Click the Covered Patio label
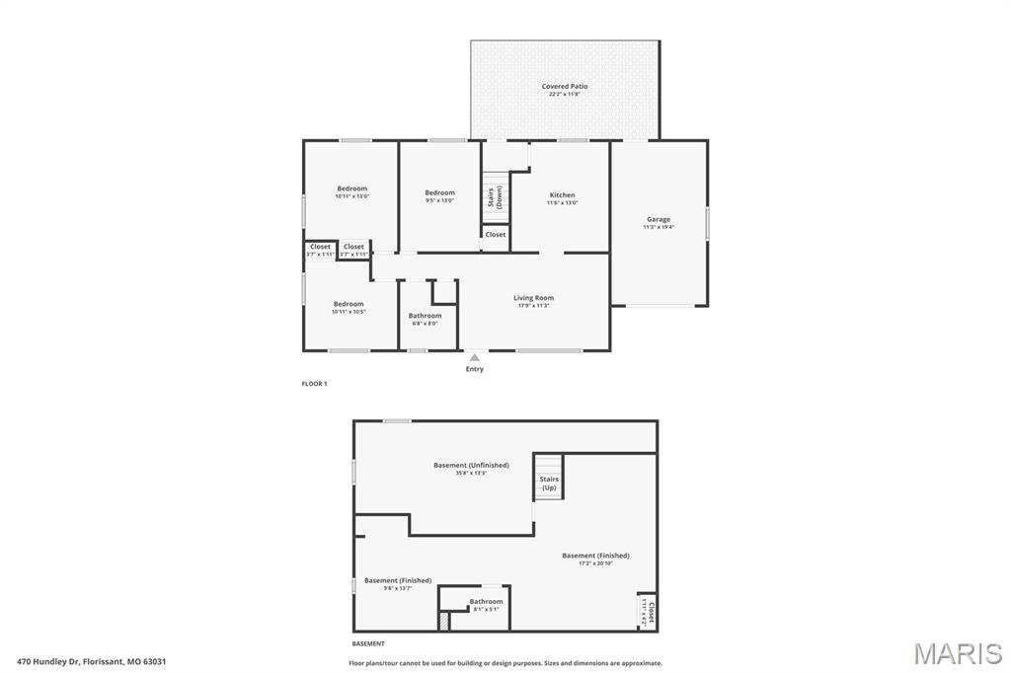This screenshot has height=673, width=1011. pyautogui.click(x=565, y=87)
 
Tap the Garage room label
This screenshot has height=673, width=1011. pyautogui.click(x=659, y=220)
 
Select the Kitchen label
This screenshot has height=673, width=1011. pyautogui.click(x=562, y=195)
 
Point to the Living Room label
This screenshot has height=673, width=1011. pyautogui.click(x=533, y=298)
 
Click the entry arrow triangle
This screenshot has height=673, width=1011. pyautogui.click(x=475, y=357)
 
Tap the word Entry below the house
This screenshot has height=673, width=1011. pyautogui.click(x=475, y=369)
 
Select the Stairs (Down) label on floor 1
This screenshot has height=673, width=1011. pyautogui.click(x=495, y=196)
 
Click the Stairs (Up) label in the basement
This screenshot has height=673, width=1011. pyautogui.click(x=549, y=484)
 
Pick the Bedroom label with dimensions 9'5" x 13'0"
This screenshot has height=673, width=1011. pyautogui.click(x=439, y=193)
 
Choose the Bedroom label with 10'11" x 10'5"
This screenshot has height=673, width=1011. pyautogui.click(x=349, y=305)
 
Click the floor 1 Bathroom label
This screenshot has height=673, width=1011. pyautogui.click(x=426, y=317)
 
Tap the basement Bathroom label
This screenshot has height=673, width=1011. pyautogui.click(x=486, y=602)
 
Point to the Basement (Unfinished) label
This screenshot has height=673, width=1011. pyautogui.click(x=471, y=466)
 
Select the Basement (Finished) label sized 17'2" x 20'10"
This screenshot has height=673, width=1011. pyautogui.click(x=595, y=557)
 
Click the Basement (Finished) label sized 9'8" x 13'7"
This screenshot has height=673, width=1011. pyautogui.click(x=398, y=581)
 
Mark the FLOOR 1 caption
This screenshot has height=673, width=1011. pyautogui.click(x=314, y=383)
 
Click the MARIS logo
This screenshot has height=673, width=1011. pyautogui.click(x=957, y=653)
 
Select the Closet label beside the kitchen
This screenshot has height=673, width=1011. pyautogui.click(x=496, y=235)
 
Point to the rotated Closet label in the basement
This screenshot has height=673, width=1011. pyautogui.click(x=649, y=612)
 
